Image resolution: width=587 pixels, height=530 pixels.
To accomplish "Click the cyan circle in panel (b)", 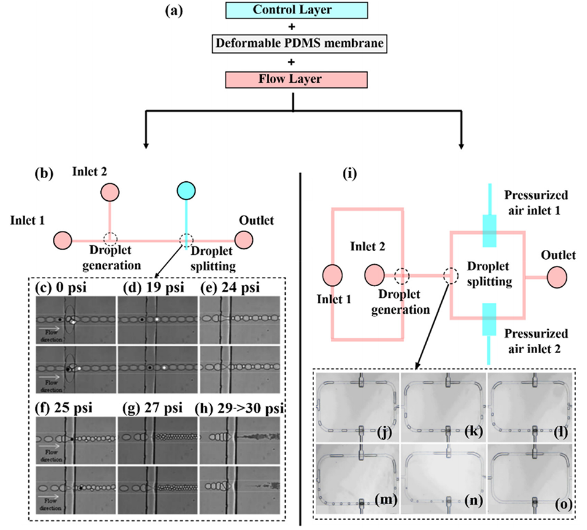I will pos(186,190).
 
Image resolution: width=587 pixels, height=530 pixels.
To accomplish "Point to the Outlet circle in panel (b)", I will pos(244,239).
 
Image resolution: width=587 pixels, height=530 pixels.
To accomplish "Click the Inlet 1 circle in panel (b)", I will pos(63,239).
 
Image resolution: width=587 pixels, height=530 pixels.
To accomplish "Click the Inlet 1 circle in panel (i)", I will pos(333,276).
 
